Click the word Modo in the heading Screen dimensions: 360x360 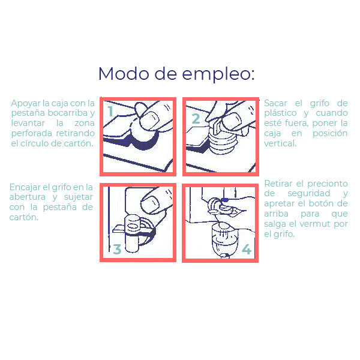click(124, 74)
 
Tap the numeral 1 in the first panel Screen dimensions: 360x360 click(110, 111)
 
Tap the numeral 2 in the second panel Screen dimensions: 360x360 click(196, 118)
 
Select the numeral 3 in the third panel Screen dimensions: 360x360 click(117, 250)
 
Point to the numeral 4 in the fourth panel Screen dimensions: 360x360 click(247, 250)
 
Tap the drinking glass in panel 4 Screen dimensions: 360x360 click(224, 239)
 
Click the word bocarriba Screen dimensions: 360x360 click(67, 113)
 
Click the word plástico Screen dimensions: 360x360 click(280, 113)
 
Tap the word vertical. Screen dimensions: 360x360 click(280, 143)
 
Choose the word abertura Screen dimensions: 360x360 click(28, 197)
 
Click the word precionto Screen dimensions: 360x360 click(328, 184)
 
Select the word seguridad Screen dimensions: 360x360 click(309, 193)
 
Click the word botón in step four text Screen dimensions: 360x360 click(321, 203)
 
